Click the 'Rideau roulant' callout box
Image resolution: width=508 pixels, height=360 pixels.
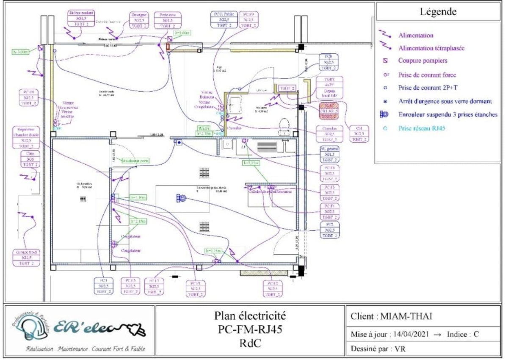[x=81, y=19]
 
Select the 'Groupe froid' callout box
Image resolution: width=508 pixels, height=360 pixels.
[x=26, y=257]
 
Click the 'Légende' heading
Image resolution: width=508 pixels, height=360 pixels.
[x=439, y=11]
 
